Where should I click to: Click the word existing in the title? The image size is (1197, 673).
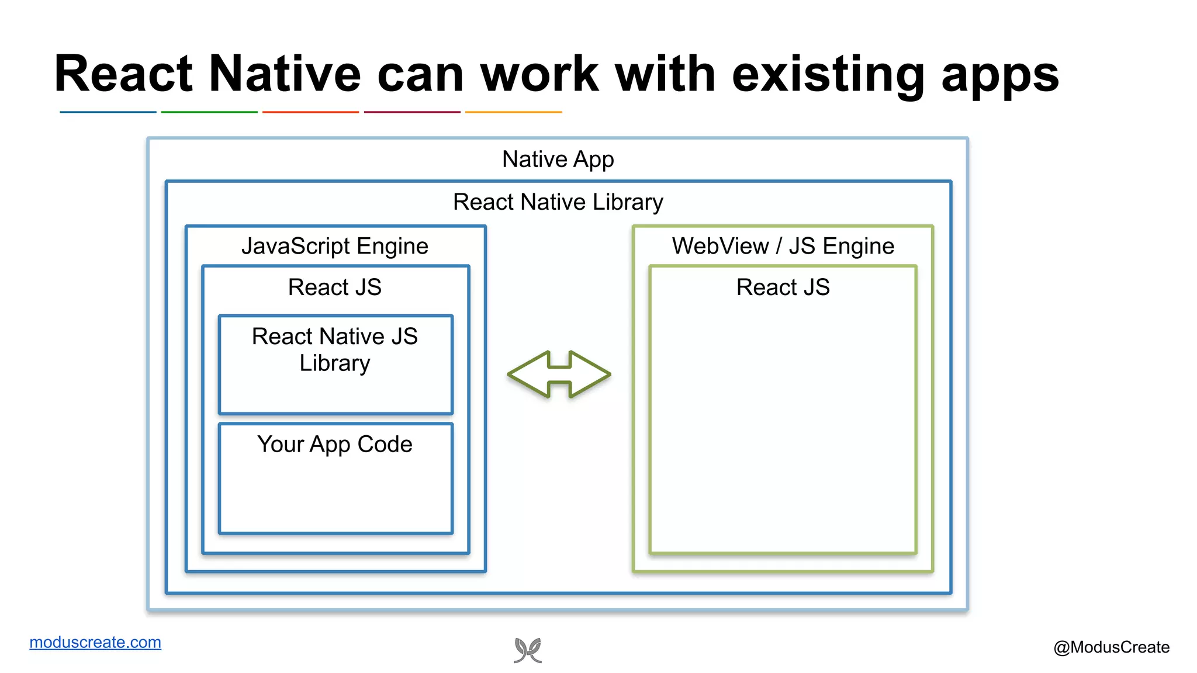click(828, 74)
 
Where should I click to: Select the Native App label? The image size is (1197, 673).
click(558, 159)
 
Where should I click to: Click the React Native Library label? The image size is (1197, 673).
click(558, 202)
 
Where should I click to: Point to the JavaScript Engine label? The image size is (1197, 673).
click(335, 246)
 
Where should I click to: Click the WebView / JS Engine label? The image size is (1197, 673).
click(783, 246)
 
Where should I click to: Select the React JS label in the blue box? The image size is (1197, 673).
click(335, 287)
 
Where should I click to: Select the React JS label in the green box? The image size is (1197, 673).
click(783, 287)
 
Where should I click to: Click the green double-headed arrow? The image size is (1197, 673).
click(559, 374)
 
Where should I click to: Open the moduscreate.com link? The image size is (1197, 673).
click(95, 642)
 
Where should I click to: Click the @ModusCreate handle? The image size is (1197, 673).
click(1111, 647)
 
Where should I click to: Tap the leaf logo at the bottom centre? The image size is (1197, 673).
click(528, 650)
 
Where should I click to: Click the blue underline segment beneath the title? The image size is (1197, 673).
click(108, 112)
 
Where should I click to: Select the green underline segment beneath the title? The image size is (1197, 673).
click(209, 112)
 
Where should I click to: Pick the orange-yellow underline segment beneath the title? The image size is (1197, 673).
click(513, 112)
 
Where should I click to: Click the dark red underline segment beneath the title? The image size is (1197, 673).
click(412, 112)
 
